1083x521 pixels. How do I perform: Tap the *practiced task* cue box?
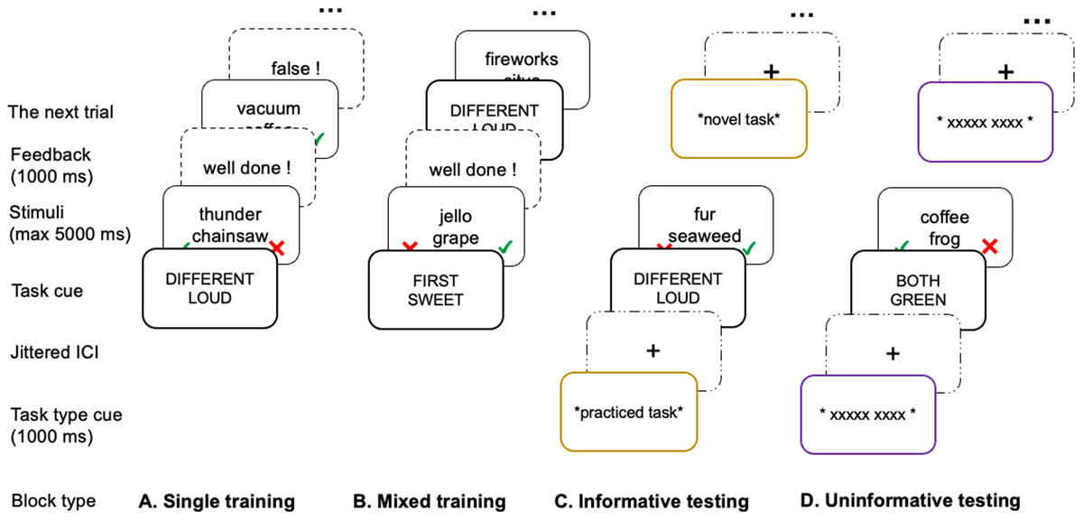tap(628, 412)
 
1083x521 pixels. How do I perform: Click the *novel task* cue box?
tap(737, 119)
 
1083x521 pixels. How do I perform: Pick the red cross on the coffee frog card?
tap(989, 246)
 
